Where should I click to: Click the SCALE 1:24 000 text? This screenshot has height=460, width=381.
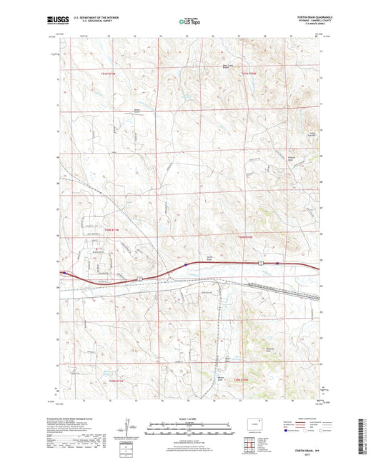click(190, 419)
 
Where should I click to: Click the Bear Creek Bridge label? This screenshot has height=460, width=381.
click(227, 69)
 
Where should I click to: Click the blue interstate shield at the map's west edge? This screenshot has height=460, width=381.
click(64, 272)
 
